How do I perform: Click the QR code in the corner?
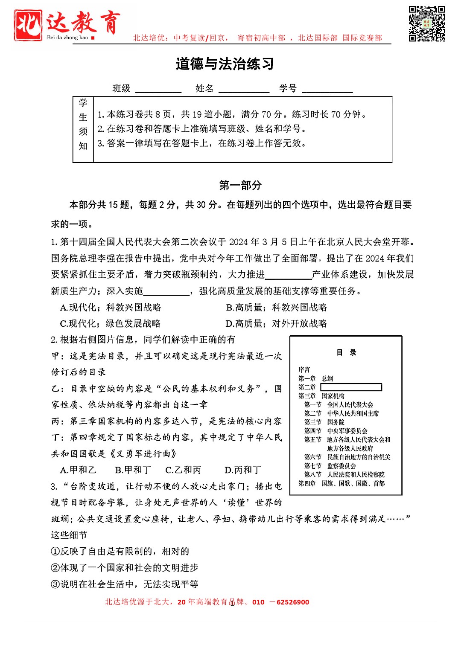coord(427,24)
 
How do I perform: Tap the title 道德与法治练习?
coord(225,64)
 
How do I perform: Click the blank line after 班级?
coord(158,90)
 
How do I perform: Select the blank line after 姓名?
coord(244,90)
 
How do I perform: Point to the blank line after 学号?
coord(327,90)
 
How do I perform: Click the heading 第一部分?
coord(240,185)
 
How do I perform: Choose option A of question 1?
coord(111,308)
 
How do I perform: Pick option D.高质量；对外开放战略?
coord(276,324)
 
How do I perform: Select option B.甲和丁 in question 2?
coord(133,470)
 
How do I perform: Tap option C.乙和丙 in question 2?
coord(183,470)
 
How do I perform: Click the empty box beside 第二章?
coord(351,387)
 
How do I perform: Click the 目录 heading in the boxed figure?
coord(346,352)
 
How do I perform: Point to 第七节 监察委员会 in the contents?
coord(330,466)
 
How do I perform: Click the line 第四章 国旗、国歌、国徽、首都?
coord(341,483)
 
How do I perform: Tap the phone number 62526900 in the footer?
coord(293,602)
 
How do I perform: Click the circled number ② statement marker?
coord(55,568)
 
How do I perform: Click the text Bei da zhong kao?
coord(67,38)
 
